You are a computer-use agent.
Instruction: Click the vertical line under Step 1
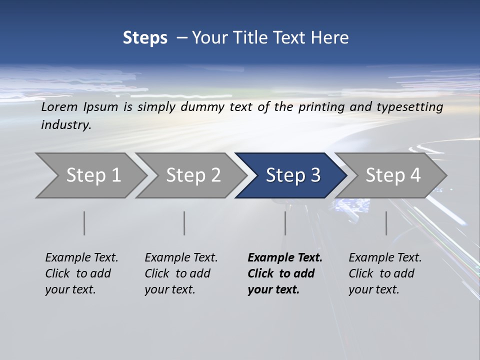pos(84,223)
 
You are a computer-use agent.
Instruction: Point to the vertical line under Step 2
pos(184,223)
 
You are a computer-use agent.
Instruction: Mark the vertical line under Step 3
pos(285,223)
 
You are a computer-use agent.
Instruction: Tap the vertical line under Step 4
pos(386,223)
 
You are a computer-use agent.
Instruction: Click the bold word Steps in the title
pos(145,38)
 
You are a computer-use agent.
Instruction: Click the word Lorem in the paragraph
pos(59,107)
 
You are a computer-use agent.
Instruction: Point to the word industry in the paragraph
pos(66,125)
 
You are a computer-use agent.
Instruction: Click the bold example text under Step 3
pos(283,273)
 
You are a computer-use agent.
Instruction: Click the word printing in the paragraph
pos(317,107)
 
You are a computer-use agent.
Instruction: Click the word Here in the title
pos(329,38)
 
